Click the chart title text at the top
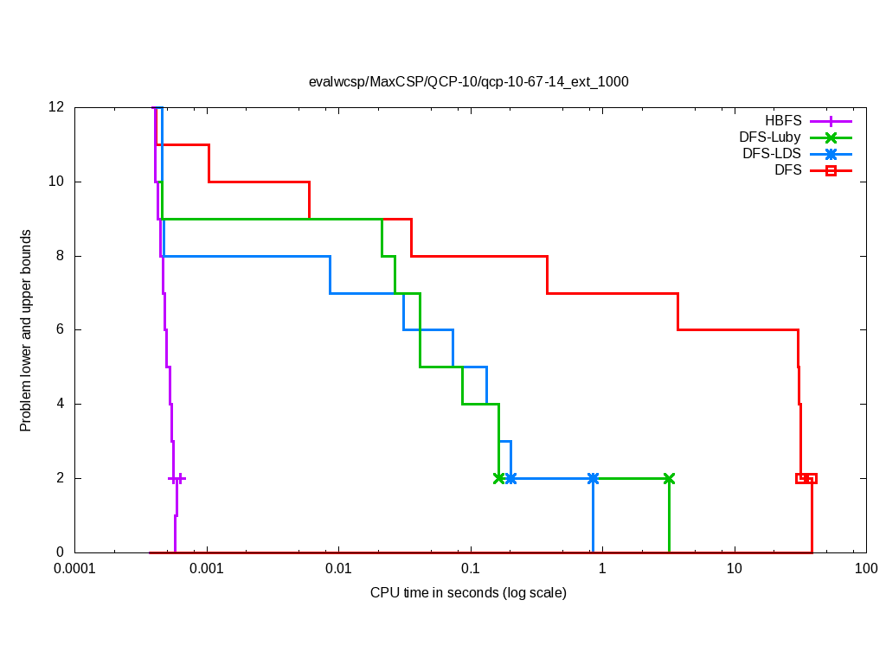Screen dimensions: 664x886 [468, 82]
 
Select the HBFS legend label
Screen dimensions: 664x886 [783, 121]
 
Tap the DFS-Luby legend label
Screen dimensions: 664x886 [770, 137]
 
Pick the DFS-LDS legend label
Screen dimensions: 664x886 [772, 154]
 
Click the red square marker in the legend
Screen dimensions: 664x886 [831, 170]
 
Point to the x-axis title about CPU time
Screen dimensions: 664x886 [468, 593]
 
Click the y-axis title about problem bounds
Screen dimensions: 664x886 [26, 330]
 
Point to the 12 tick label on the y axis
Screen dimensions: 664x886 [57, 107]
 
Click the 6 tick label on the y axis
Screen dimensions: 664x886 [61, 329]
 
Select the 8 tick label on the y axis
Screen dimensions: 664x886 [61, 256]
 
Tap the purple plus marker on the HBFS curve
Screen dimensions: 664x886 [177, 478]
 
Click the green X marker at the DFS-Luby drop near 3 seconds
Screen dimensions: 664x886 [669, 478]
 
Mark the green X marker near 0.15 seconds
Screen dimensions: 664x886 [498, 478]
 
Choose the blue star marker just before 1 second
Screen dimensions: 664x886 [593, 478]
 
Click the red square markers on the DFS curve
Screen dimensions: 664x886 [806, 478]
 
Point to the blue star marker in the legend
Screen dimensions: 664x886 [831, 154]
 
